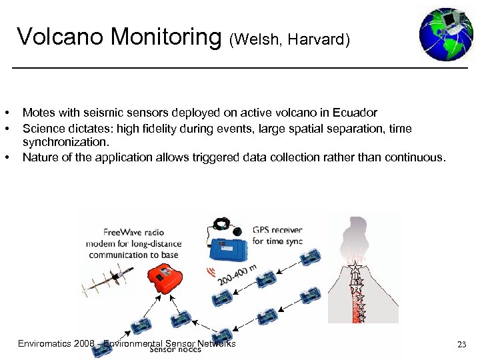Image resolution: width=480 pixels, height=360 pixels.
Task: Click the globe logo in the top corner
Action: [446, 34]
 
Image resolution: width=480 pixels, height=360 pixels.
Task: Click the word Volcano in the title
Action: [61, 37]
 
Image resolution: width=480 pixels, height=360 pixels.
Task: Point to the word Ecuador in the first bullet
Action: [355, 113]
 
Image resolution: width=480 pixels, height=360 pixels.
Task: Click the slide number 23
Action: [461, 345]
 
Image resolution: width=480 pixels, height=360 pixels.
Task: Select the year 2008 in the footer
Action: [85, 344]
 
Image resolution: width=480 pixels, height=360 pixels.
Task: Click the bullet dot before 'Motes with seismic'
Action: [6, 113]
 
